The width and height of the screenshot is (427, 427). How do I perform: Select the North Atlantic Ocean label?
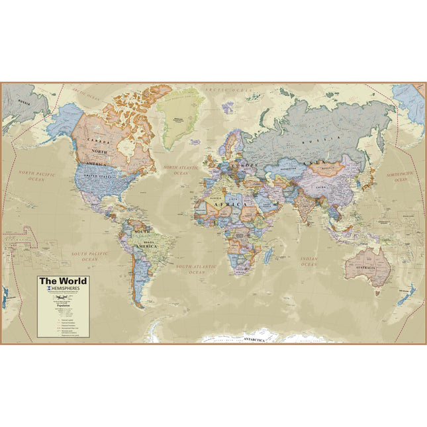181,171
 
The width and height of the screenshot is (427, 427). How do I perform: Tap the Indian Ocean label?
308,261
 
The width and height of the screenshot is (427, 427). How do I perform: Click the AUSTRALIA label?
365,266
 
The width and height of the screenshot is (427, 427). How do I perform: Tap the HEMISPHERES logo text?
66,290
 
